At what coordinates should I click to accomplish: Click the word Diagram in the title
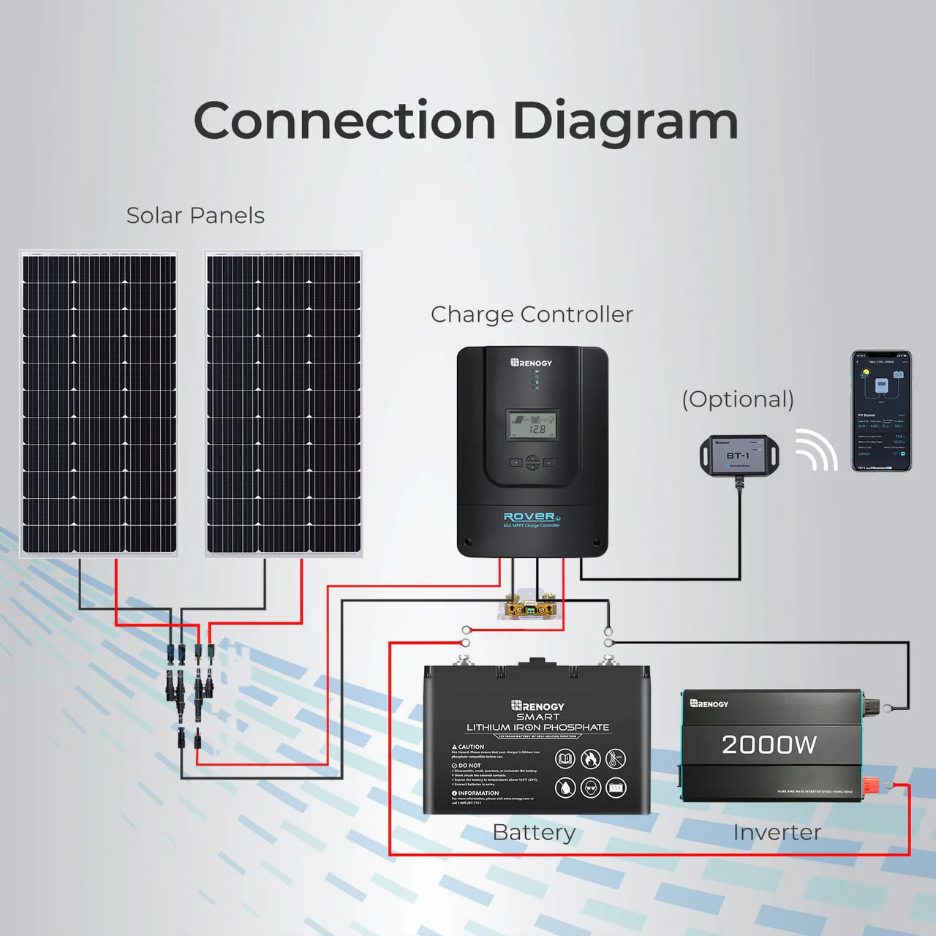[x=625, y=121]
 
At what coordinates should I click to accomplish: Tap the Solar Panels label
[x=195, y=216]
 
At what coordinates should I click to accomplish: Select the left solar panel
[x=99, y=404]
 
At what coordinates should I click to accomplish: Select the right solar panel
[x=284, y=404]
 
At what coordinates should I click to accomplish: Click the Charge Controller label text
[x=532, y=314]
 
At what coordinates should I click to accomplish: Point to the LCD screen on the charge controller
[x=532, y=425]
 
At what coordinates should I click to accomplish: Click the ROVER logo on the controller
[x=529, y=516]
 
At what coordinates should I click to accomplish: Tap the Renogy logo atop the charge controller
[x=532, y=363]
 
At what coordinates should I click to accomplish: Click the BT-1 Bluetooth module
[x=739, y=454]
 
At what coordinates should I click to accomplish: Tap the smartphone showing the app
[x=881, y=410]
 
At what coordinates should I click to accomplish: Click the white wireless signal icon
[x=815, y=449]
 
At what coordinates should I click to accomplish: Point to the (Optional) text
[x=738, y=399]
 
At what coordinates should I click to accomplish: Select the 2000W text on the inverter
[x=769, y=744]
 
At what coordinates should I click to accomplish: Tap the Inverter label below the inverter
[x=777, y=832]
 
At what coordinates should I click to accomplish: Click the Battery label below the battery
[x=534, y=832]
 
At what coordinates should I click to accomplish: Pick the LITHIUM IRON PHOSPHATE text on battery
[x=537, y=728]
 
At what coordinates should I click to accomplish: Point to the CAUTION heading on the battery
[x=469, y=747]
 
